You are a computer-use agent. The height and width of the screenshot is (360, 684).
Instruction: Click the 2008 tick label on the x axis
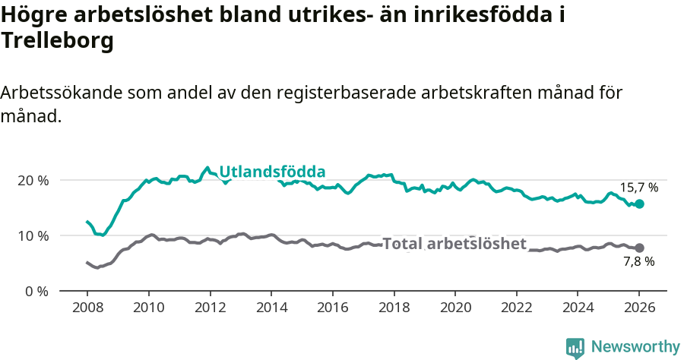[87, 309]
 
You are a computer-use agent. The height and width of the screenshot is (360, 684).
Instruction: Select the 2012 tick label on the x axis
[209, 309]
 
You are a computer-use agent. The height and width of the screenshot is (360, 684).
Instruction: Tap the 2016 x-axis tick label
[332, 309]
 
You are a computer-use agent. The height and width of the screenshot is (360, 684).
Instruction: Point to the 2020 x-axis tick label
[454, 309]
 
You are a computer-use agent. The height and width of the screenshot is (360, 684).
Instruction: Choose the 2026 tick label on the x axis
[639, 309]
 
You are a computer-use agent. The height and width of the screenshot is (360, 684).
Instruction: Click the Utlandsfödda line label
[272, 172]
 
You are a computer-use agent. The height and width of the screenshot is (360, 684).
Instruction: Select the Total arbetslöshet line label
[454, 244]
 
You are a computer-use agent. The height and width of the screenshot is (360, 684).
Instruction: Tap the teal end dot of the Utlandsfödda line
[639, 204]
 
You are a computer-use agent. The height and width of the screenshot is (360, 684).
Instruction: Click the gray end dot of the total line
[639, 248]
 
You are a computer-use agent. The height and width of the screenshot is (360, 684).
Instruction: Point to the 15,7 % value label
[638, 187]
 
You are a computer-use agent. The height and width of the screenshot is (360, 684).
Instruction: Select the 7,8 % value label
[638, 262]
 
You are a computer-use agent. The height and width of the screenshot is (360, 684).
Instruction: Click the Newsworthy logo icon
[575, 347]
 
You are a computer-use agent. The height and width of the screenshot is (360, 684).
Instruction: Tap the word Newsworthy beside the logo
[635, 347]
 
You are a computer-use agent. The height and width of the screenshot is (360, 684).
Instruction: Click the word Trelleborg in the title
[57, 41]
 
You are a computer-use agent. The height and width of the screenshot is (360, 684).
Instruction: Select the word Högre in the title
[30, 14]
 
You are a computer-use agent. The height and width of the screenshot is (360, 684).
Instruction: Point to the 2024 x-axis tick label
[578, 309]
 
